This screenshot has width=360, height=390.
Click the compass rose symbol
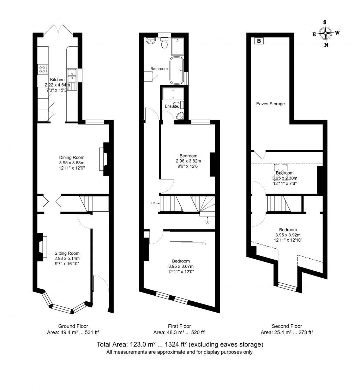click(325, 33)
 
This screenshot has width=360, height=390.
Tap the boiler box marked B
click(259, 41)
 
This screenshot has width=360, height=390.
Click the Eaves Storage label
click(270, 104)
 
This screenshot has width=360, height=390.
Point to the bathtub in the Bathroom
click(176, 70)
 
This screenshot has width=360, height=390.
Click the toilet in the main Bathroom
click(164, 43)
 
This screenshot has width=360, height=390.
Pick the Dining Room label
click(72, 158)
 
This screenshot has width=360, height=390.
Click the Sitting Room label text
click(67, 253)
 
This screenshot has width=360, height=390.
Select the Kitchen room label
click(57, 80)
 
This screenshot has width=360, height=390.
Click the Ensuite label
click(171, 106)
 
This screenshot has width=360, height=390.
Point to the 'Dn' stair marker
click(154, 203)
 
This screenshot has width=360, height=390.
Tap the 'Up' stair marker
click(208, 223)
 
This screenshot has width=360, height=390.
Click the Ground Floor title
click(73, 326)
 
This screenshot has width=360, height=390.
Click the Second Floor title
click(287, 326)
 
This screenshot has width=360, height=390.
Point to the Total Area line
click(180, 344)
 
